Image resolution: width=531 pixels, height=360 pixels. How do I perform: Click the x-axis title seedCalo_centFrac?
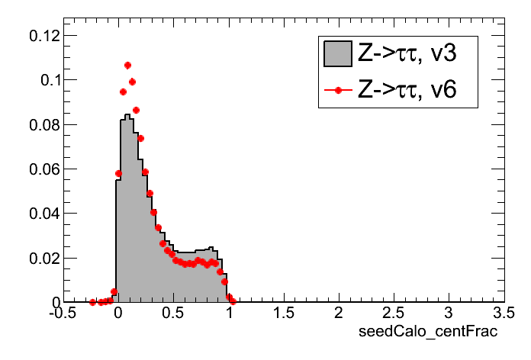[x=430, y=331]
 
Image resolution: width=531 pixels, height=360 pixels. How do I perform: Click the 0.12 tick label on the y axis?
[x=39, y=35]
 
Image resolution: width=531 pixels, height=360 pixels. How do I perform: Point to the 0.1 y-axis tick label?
[x=44, y=79]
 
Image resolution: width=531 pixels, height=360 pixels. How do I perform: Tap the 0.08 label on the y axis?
[x=39, y=124]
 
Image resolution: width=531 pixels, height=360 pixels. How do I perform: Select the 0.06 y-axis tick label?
[x=39, y=169]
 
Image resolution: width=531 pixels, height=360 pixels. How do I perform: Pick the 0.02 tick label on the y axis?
[x=39, y=258]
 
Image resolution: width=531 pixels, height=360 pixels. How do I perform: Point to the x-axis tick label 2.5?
[x=393, y=313]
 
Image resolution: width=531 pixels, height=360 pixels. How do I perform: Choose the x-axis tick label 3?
[x=449, y=313]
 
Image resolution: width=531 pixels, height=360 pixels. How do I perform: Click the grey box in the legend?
[x=336, y=53]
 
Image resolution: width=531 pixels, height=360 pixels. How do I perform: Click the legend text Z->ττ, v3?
[x=406, y=53]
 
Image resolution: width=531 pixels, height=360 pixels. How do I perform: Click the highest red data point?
[x=127, y=66]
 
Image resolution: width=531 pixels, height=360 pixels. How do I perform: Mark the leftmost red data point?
[x=92, y=302]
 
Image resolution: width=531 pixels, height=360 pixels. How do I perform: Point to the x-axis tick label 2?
[x=338, y=313]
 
